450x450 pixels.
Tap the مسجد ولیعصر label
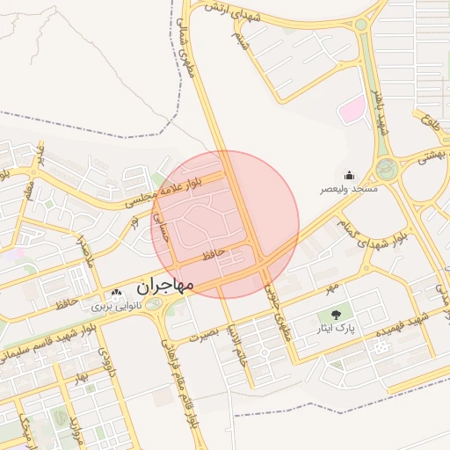(x=349, y=189)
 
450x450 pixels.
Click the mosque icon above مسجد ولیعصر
(x=349, y=175)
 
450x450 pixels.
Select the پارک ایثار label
(x=335, y=329)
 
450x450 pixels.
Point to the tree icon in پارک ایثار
(x=335, y=314)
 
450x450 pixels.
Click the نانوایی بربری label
(x=115, y=308)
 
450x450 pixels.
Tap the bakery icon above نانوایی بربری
(x=116, y=294)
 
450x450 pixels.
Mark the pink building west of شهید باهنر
(x=352, y=111)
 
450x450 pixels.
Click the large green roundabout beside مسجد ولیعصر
(x=386, y=168)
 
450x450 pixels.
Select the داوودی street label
(x=104, y=361)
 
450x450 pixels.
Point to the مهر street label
(x=329, y=287)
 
